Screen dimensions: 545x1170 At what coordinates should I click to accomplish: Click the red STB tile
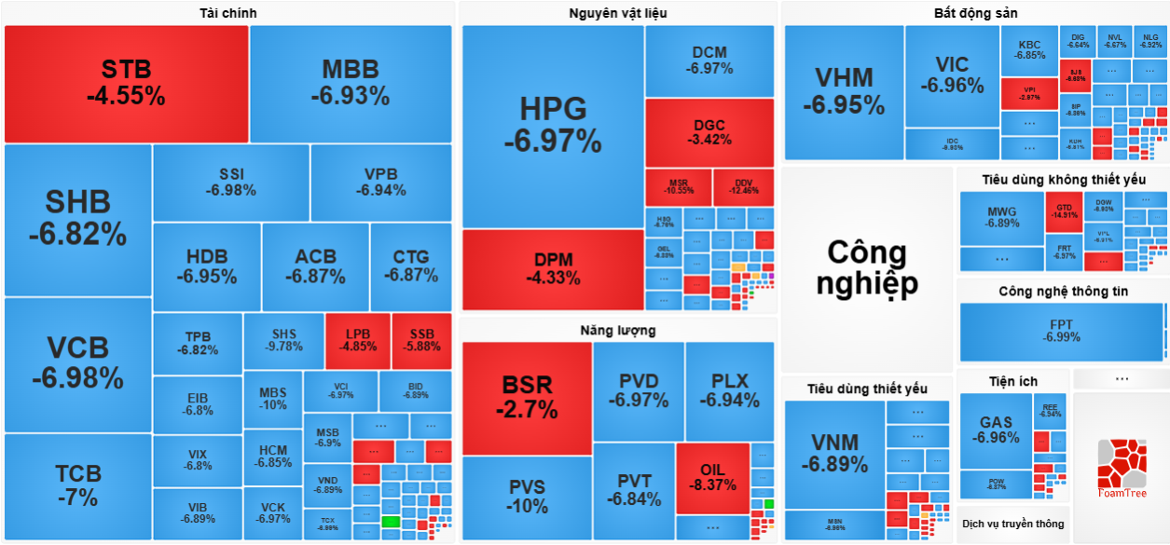coord(126,83)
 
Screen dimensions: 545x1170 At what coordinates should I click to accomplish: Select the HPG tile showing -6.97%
coord(553,126)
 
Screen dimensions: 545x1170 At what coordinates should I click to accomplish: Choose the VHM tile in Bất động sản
coord(844,91)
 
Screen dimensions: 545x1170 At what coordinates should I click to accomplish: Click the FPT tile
coord(1061,331)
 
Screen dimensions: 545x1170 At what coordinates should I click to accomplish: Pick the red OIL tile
coord(712,478)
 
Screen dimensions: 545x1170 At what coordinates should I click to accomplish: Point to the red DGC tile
coord(709,133)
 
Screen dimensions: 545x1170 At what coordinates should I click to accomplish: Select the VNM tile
coord(834,454)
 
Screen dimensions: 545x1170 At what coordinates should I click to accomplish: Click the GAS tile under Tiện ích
coord(996,430)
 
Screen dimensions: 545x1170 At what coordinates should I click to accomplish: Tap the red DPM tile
coord(553,269)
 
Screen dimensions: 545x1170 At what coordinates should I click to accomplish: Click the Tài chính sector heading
coord(228,13)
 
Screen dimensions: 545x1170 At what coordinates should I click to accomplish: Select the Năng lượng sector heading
coord(617,330)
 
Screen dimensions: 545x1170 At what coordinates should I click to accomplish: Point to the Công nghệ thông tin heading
coord(1063,292)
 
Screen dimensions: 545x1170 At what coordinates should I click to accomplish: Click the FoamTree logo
coord(1122,470)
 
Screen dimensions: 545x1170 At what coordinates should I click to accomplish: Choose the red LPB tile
coord(358,341)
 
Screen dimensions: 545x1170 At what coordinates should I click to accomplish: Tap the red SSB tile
coord(421,341)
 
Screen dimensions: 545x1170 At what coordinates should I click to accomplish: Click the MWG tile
coord(1002,218)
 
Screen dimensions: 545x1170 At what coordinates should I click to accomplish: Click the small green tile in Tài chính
coord(391,522)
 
